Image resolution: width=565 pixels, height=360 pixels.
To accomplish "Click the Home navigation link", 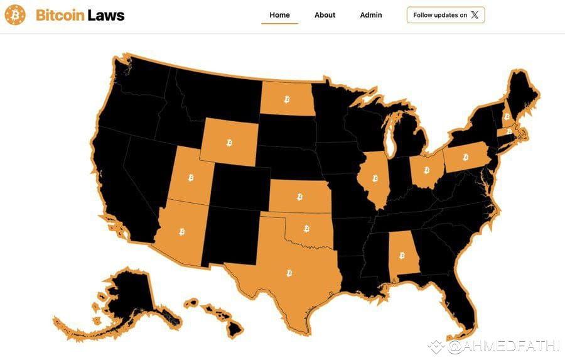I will pyautogui.click(x=279, y=15).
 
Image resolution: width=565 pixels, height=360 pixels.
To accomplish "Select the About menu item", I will pyautogui.click(x=325, y=15).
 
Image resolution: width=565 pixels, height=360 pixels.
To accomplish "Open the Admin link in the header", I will pyautogui.click(x=371, y=15).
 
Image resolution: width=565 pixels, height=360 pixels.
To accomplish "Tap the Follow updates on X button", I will pyautogui.click(x=446, y=15).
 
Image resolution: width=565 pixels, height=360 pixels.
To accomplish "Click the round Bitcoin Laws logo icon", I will pyautogui.click(x=15, y=15).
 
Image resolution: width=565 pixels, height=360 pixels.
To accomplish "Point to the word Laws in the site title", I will pyautogui.click(x=105, y=15).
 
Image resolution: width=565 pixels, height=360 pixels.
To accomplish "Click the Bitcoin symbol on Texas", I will pyautogui.click(x=289, y=273).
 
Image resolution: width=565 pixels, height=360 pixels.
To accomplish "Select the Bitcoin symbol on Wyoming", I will pyautogui.click(x=229, y=143).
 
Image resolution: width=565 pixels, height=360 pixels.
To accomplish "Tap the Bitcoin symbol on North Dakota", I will pyautogui.click(x=287, y=99).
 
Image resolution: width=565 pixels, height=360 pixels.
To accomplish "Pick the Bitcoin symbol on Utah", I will pyautogui.click(x=191, y=178).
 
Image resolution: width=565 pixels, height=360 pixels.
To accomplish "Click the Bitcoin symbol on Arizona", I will pyautogui.click(x=182, y=232).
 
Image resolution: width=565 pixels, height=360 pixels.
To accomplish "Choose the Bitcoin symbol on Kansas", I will pyautogui.click(x=299, y=197).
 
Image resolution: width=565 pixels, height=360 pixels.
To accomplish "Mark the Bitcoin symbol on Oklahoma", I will pyautogui.click(x=306, y=229).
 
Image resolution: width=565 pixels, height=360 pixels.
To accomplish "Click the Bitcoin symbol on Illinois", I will pyautogui.click(x=377, y=178).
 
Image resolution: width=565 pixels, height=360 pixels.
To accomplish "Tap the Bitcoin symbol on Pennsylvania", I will pyautogui.click(x=466, y=157).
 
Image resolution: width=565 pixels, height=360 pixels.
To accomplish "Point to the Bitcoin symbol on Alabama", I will pyautogui.click(x=402, y=255).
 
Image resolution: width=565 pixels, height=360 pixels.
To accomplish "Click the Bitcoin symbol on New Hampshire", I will pyautogui.click(x=506, y=116).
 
